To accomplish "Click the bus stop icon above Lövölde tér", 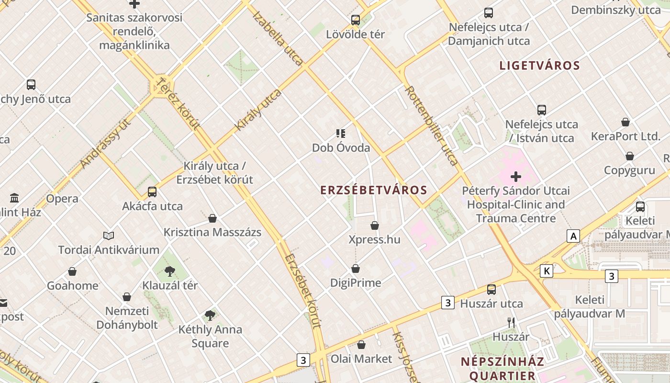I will (x=355, y=20).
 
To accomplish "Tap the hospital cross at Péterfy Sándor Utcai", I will (x=516, y=177).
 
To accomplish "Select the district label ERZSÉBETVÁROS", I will (x=374, y=190).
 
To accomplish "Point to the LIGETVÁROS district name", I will (x=540, y=66).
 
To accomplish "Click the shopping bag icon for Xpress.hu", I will (x=375, y=225).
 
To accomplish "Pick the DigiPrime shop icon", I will (x=356, y=269).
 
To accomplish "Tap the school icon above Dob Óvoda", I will (x=341, y=134).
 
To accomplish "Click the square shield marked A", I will (x=573, y=236).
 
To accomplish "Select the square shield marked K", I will (x=546, y=271).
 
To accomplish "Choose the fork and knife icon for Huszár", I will (x=511, y=323).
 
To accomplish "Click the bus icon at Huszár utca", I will (x=491, y=290).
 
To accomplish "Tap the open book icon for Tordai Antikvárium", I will (x=109, y=236).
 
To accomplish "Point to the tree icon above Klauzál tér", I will (x=169, y=271).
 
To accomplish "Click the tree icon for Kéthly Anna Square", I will (x=210, y=315).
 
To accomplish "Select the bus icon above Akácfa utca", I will (x=152, y=192).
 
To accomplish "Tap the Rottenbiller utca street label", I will (x=432, y=125).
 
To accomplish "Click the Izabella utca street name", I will (x=278, y=38).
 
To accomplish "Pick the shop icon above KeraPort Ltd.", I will (x=625, y=123).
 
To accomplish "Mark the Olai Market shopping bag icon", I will (x=361, y=345).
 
